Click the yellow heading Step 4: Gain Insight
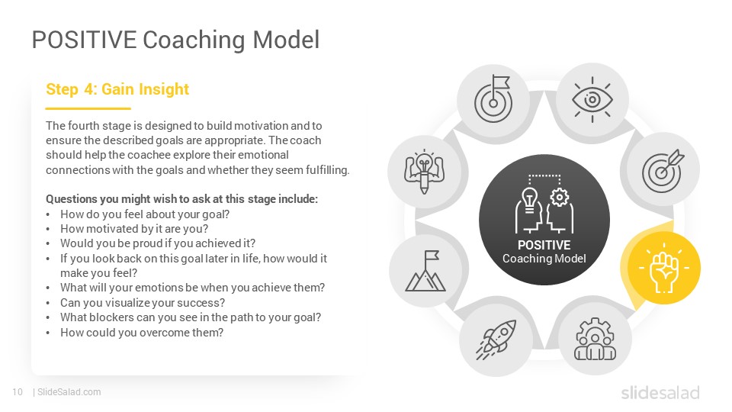(x=117, y=89)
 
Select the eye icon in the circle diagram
(x=592, y=99)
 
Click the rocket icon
(x=496, y=339)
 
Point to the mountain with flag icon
(x=425, y=271)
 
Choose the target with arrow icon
(x=663, y=171)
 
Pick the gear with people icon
(x=596, y=339)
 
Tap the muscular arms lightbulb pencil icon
(x=425, y=172)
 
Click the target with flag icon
(x=493, y=99)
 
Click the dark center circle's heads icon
(x=544, y=204)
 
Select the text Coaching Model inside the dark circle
(x=544, y=259)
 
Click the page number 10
(x=18, y=392)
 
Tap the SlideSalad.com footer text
(x=69, y=392)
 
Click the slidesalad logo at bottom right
(x=660, y=392)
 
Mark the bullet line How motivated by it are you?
(x=134, y=229)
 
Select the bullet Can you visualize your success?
(x=143, y=303)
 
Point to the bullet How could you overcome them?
(x=142, y=333)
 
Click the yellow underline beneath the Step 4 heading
(x=88, y=108)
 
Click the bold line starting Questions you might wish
(x=181, y=199)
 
